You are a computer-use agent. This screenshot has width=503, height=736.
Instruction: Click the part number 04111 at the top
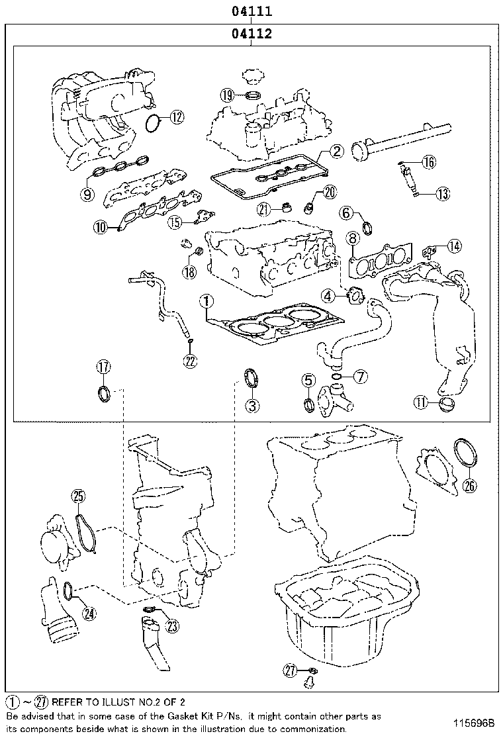[x=251, y=11]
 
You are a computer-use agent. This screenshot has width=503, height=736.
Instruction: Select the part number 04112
[x=251, y=34]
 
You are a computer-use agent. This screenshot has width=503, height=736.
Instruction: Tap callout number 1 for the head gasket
[x=207, y=302]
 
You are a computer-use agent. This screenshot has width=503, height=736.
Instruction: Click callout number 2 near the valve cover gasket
[x=336, y=152]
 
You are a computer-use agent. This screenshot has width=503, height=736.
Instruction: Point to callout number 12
[x=175, y=118]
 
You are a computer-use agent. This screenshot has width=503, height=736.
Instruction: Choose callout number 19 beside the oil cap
[x=228, y=95]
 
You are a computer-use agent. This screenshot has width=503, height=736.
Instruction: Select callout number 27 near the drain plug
[x=290, y=670]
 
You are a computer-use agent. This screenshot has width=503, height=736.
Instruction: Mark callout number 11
[x=422, y=402]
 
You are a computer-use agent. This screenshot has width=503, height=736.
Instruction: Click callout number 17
[x=104, y=367]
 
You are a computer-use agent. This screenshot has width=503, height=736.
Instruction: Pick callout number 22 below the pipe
[x=190, y=360]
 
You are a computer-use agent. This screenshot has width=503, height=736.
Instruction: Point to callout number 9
[x=87, y=194]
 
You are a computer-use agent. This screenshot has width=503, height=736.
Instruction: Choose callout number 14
[x=453, y=246]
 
